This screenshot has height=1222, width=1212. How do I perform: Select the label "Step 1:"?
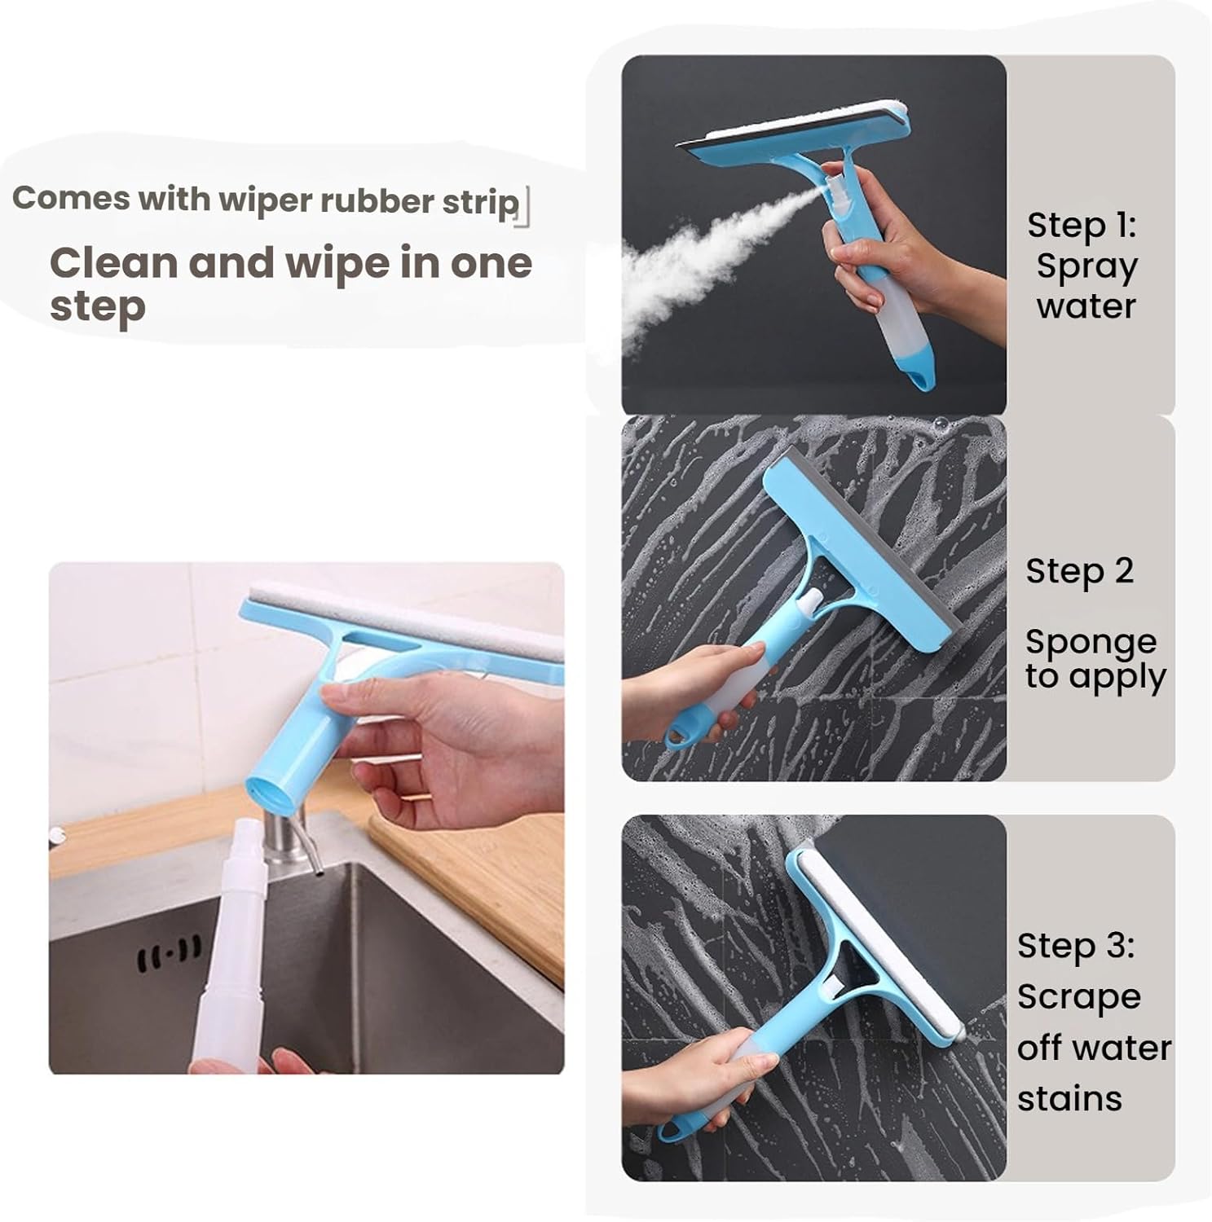coord(1081,226)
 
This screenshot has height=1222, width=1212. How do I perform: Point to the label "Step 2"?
coord(1079,572)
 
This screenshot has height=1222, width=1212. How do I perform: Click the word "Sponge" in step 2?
coord(1091,643)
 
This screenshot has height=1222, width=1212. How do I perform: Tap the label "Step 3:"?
coord(1075,947)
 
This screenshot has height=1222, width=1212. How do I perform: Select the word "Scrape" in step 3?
coord(1078,997)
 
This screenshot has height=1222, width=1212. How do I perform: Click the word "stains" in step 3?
coord(1069,1099)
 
